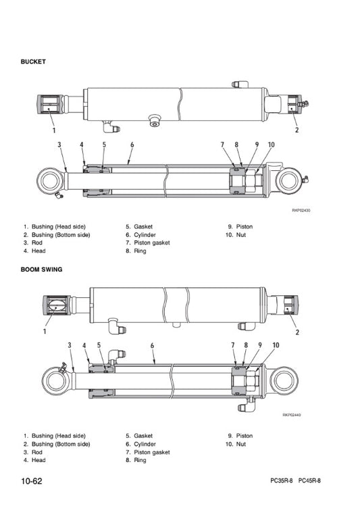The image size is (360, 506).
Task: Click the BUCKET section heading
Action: tap(33, 61)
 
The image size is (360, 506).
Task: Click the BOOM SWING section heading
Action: tap(41, 269)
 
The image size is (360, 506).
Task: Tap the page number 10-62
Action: tap(32, 481)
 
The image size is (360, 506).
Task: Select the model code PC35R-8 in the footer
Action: tap(281, 481)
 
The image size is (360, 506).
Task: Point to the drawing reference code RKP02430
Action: tap(301, 210)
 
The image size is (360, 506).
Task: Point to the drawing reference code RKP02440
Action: tap(292, 415)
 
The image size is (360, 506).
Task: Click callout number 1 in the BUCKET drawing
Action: tap(54, 130)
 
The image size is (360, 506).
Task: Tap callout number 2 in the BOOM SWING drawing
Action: tap(297, 332)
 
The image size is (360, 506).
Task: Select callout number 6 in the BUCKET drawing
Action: tap(132, 145)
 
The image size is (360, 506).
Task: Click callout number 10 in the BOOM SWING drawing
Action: tap(276, 345)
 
